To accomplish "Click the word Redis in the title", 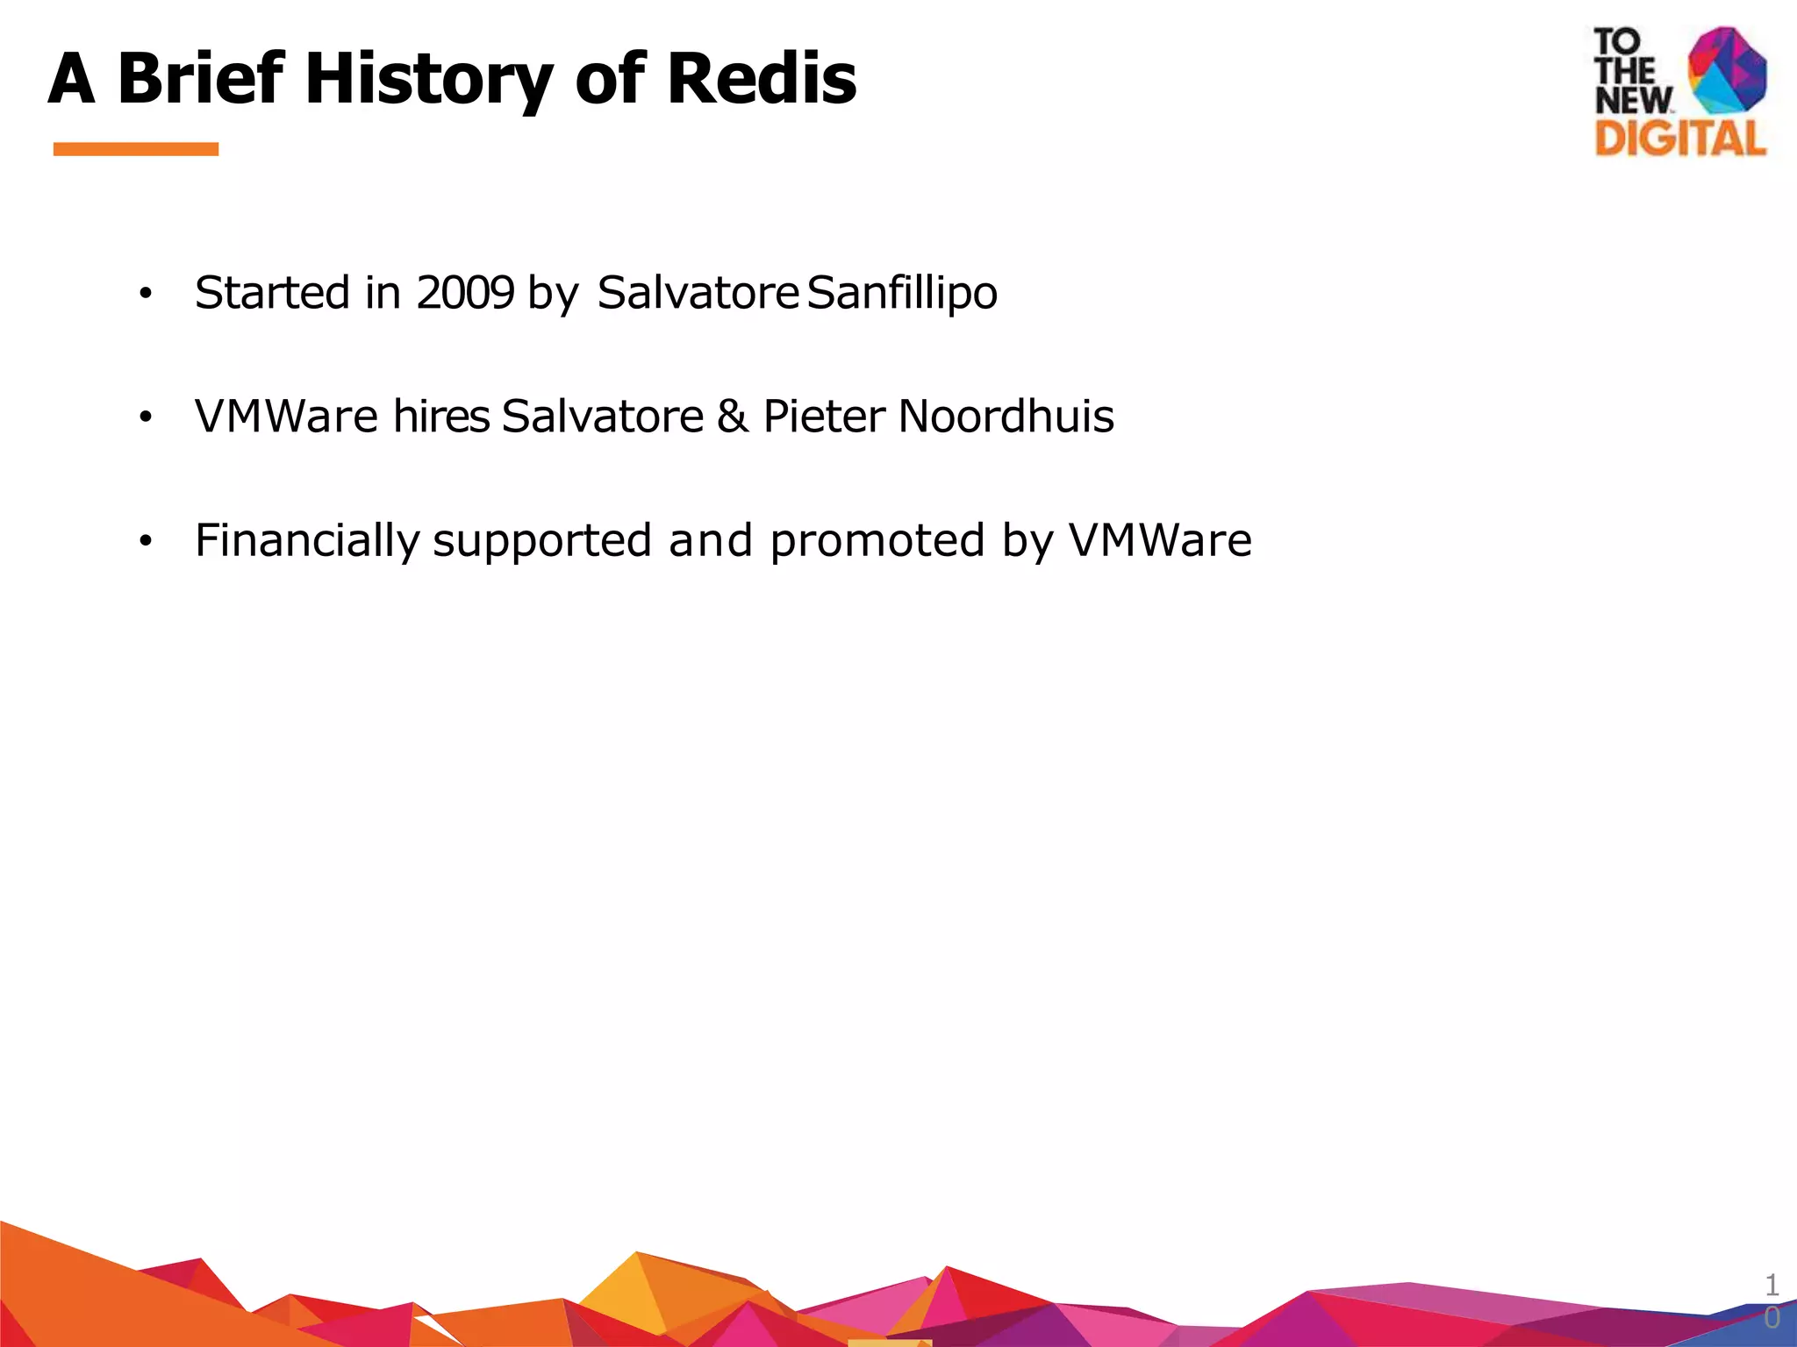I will point(761,79).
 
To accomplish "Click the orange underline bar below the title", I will point(136,149).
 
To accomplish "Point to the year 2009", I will point(464,293).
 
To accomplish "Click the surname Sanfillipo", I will point(901,293).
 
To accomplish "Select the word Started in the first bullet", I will point(272,293).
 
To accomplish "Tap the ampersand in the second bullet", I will point(733,417).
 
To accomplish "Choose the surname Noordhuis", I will point(1006,417).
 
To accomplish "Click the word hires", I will point(440,417).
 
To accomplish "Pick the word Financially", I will point(306,541).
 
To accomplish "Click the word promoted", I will point(877,541).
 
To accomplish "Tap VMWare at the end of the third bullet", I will point(1159,540).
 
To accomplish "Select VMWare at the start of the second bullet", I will point(286,417).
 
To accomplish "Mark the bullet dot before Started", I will point(146,295).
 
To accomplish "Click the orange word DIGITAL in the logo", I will point(1680,139).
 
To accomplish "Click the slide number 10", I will point(1772,1301).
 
